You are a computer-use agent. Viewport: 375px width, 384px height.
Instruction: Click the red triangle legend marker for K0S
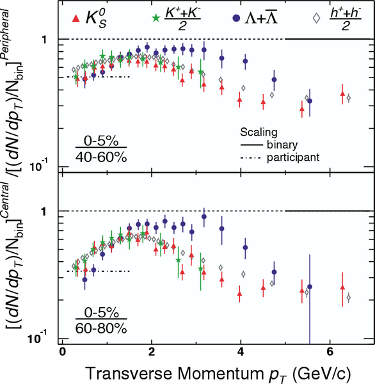click(76, 19)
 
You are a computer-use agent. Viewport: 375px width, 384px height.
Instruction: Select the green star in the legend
click(156, 18)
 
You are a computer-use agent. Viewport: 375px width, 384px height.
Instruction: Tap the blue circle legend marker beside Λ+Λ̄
click(236, 19)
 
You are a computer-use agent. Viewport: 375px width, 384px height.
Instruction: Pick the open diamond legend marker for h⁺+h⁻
click(317, 18)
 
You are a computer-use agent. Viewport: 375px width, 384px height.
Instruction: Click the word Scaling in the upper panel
click(259, 132)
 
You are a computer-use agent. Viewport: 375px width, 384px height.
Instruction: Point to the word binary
click(282, 145)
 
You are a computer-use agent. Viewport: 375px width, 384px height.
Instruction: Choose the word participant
click(293, 157)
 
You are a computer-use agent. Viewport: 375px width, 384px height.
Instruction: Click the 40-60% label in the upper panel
click(101, 157)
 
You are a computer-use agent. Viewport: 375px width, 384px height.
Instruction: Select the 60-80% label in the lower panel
click(101, 329)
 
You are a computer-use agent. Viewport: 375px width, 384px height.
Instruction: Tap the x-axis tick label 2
click(152, 351)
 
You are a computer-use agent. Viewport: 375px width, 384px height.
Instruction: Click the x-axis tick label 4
click(241, 351)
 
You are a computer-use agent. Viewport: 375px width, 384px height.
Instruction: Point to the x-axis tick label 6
click(330, 351)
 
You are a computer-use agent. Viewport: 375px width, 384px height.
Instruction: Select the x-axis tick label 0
click(63, 351)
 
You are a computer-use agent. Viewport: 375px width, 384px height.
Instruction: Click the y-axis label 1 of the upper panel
click(44, 40)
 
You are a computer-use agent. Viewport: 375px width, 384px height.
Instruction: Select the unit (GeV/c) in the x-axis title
click(321, 374)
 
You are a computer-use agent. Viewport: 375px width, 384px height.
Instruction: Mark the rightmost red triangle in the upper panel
click(342, 94)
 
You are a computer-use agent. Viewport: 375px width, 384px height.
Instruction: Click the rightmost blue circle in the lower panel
click(310, 287)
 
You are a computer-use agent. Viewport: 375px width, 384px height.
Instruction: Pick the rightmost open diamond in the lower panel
click(348, 298)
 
